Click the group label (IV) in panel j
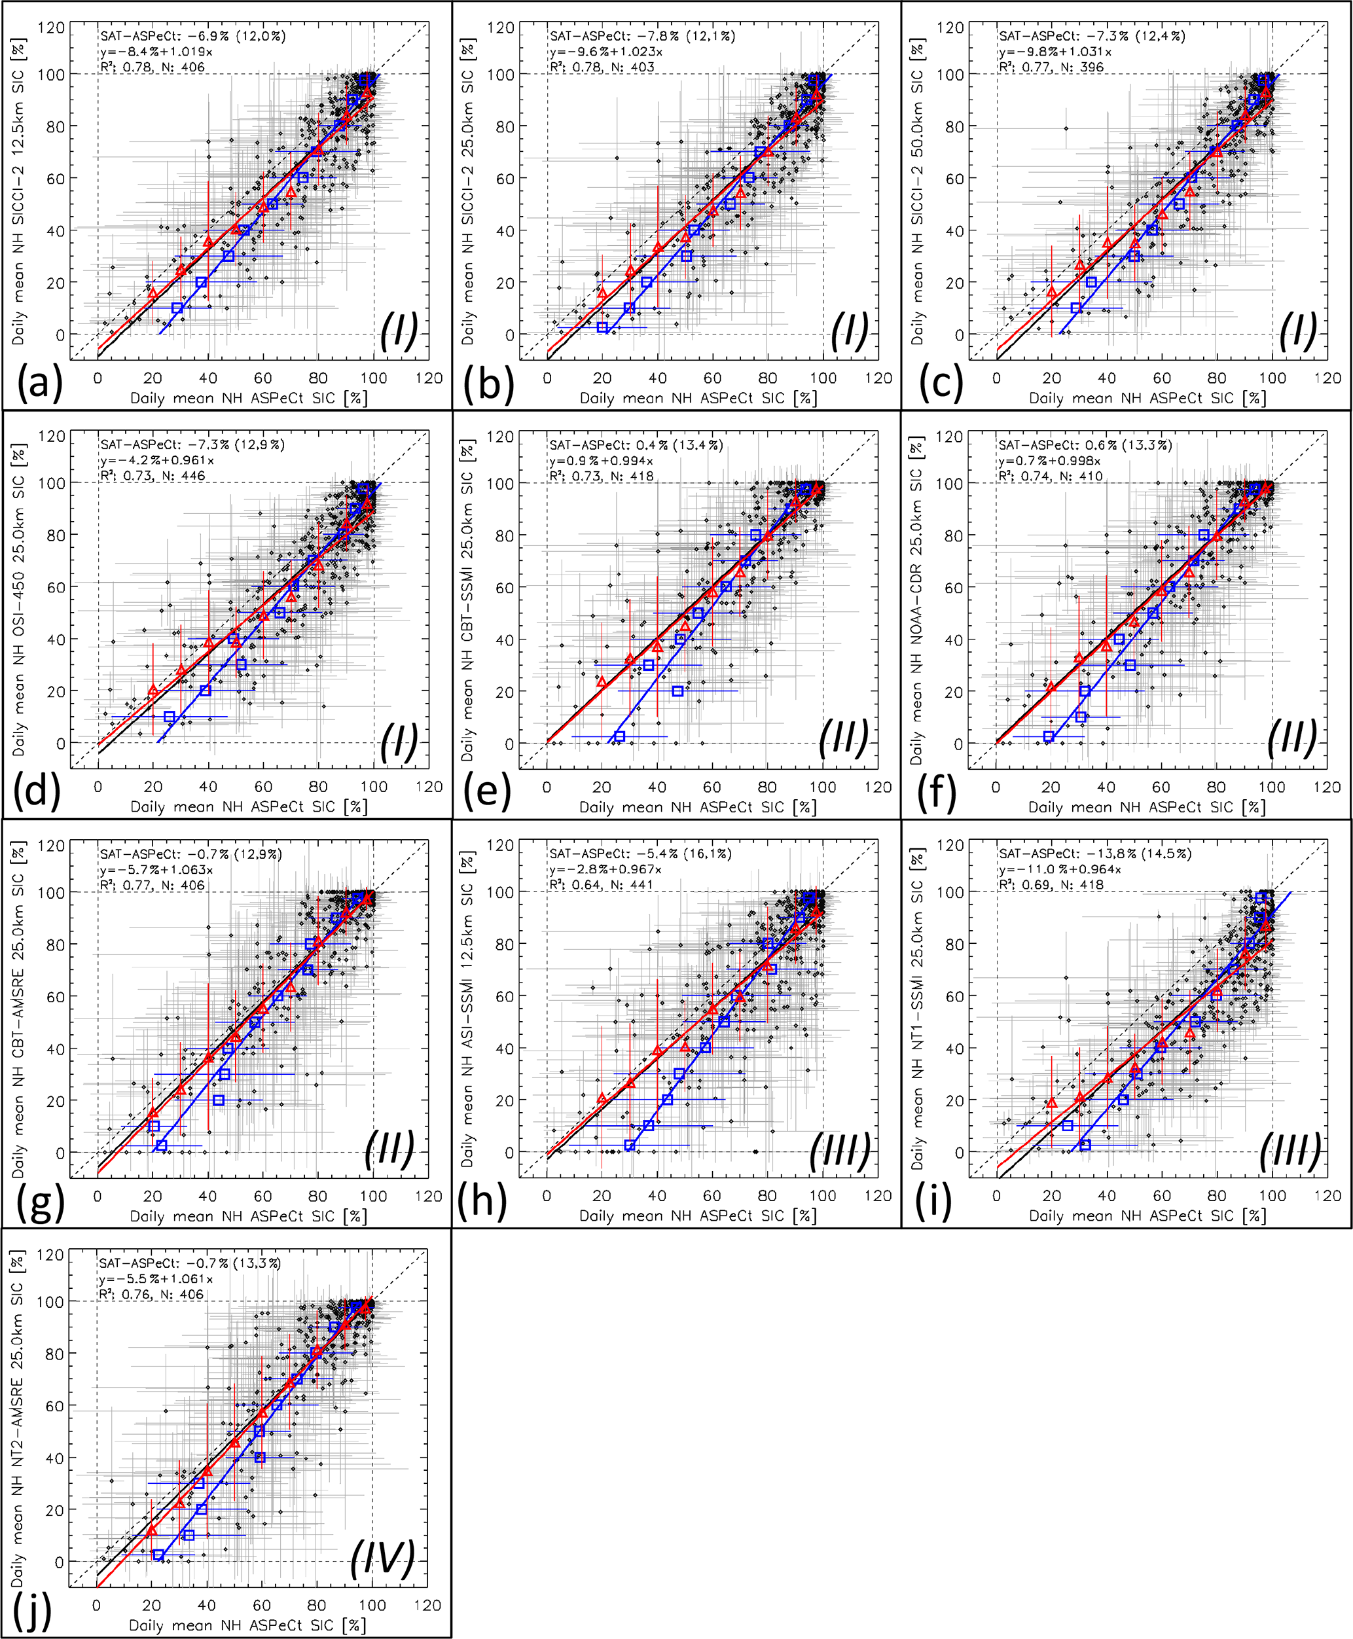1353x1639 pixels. [382, 1558]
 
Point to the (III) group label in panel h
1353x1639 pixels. [840, 1150]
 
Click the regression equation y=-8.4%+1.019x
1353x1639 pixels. [156, 52]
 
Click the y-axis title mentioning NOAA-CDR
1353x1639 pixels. [916, 601]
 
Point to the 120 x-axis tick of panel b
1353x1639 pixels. [878, 378]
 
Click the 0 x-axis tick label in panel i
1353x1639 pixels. [996, 1196]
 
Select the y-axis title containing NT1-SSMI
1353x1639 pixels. [916, 1009]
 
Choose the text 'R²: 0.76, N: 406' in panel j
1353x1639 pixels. [151, 1294]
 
